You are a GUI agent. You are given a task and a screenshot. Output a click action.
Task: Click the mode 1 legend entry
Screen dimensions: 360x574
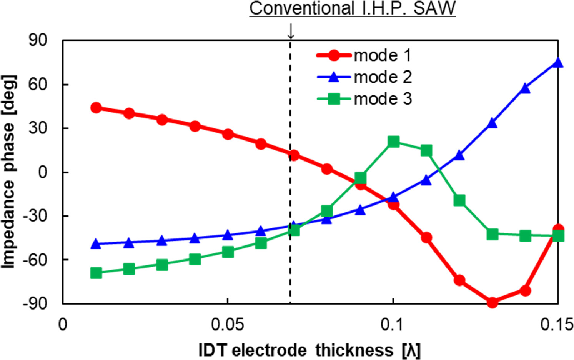[363, 56]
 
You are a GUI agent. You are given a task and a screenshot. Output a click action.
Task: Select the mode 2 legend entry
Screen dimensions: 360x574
[363, 78]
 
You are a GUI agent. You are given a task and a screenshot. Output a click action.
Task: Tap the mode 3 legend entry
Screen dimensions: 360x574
[363, 99]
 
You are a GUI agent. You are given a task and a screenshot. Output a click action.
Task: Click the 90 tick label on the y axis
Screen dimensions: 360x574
[38, 40]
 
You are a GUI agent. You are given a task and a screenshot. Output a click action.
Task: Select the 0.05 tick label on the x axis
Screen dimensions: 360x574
[227, 325]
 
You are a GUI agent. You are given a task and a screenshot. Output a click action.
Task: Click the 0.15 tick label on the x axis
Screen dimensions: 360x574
[556, 325]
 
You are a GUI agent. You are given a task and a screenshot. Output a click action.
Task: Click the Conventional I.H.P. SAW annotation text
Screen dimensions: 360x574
[352, 8]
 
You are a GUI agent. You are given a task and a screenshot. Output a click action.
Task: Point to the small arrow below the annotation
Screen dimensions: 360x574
[291, 31]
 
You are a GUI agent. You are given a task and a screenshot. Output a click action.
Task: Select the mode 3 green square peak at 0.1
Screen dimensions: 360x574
[393, 142]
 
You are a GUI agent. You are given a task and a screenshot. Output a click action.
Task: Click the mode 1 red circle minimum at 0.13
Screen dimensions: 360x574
[492, 303]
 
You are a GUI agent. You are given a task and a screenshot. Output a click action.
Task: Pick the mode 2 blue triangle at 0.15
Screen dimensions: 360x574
[558, 63]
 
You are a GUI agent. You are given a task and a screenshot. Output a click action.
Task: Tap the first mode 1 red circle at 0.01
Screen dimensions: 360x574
[96, 108]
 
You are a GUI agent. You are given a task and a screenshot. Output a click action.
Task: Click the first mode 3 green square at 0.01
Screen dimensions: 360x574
[96, 273]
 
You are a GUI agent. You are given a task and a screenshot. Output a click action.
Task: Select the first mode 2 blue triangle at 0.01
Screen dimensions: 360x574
[96, 243]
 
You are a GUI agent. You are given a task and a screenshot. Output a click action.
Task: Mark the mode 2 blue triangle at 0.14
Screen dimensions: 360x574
[525, 88]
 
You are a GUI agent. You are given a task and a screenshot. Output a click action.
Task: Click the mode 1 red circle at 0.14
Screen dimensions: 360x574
[525, 291]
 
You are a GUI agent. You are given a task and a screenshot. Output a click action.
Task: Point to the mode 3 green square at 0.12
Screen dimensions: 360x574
[459, 200]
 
